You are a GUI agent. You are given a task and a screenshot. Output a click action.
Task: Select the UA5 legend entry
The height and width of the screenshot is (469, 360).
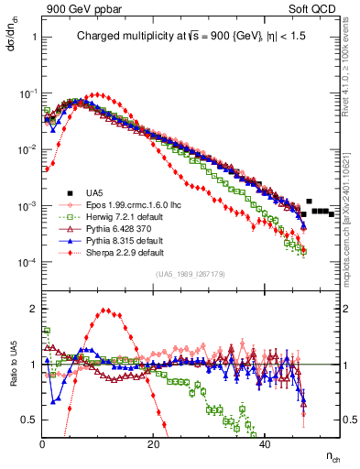(x=94, y=193)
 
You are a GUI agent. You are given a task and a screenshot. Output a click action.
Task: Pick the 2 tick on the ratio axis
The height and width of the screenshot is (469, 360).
(x=35, y=309)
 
